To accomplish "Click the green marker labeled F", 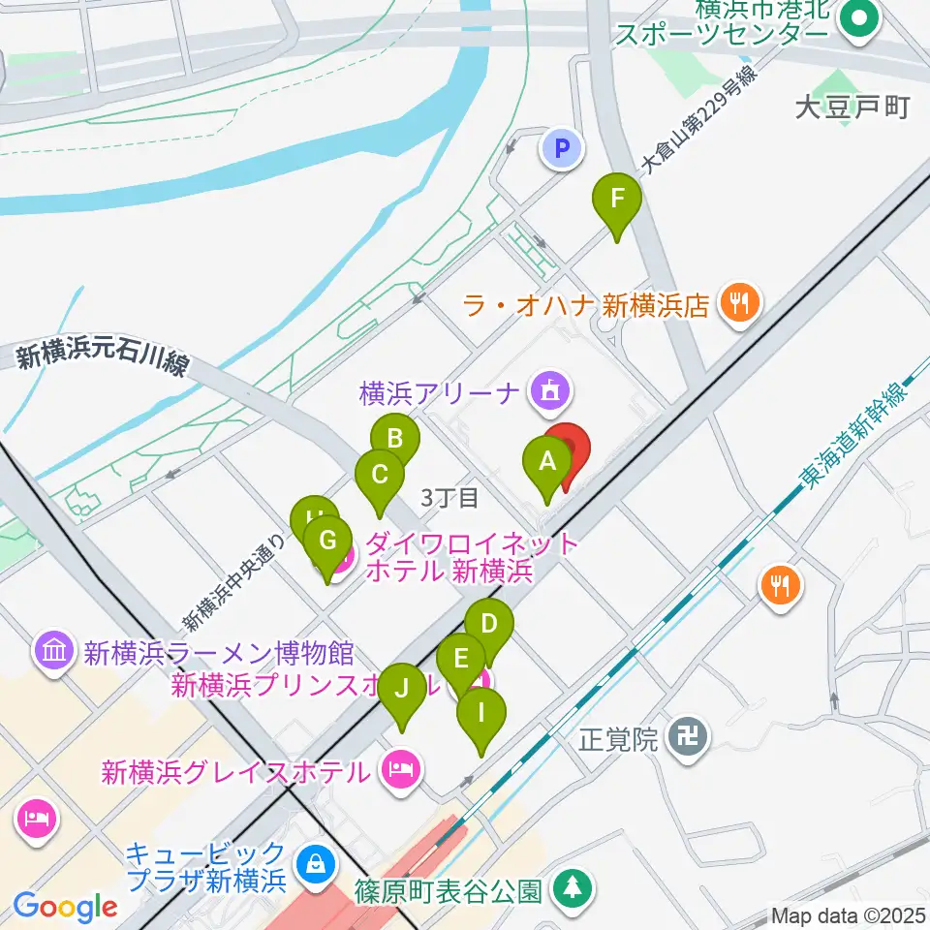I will pos(617,201).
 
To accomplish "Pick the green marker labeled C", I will pos(379,476).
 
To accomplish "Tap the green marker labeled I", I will pos(480,714).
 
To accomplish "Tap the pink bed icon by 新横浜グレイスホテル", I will pos(400,770).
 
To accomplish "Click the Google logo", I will pos(65,908).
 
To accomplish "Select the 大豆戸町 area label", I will pos(852,107).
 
